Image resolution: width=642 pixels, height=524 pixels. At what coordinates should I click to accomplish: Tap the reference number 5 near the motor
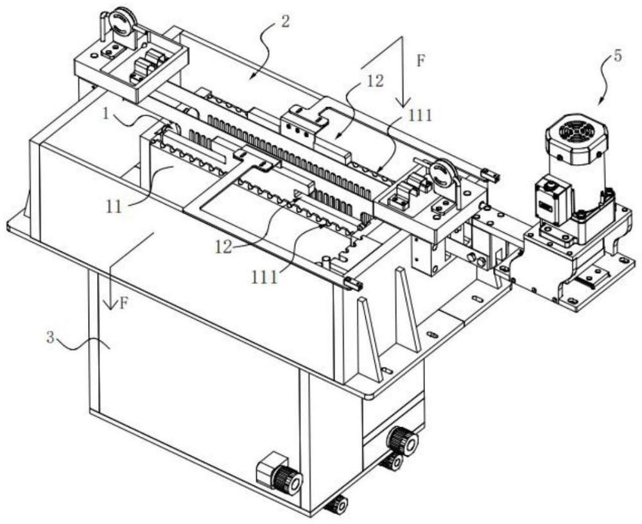coord(617,55)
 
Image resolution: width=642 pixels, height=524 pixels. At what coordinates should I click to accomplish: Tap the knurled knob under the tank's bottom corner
coord(336,505)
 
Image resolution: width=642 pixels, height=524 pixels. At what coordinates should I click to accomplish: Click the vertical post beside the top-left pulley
coord(103,27)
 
